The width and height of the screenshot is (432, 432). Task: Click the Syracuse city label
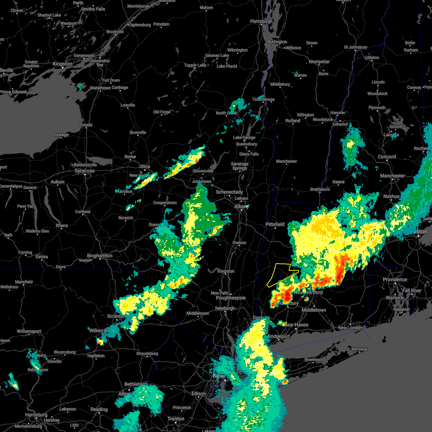[85, 171]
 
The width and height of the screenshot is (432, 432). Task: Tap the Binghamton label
[100, 256]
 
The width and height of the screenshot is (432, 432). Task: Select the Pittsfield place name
[275, 224]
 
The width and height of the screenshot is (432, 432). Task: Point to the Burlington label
[277, 42]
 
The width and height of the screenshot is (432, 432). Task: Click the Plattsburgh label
[261, 21]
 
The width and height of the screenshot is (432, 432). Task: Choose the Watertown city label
[100, 88]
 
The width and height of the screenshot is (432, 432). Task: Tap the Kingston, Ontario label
[62, 64]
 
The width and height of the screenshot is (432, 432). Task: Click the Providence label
[395, 279]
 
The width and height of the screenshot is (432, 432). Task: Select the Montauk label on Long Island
[360, 349]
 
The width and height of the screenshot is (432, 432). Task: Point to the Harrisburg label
[36, 415]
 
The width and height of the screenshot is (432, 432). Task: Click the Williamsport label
[29, 331]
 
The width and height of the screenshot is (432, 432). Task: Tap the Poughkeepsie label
[231, 298]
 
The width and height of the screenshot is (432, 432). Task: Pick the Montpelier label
[319, 62]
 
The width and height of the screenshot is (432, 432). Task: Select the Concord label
[387, 157]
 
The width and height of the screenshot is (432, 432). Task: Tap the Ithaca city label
[62, 225]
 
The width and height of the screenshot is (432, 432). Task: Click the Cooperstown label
[165, 203]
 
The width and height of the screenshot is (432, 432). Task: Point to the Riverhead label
[313, 360]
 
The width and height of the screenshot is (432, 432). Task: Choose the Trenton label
[176, 419]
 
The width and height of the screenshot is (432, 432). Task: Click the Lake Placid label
[227, 66]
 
